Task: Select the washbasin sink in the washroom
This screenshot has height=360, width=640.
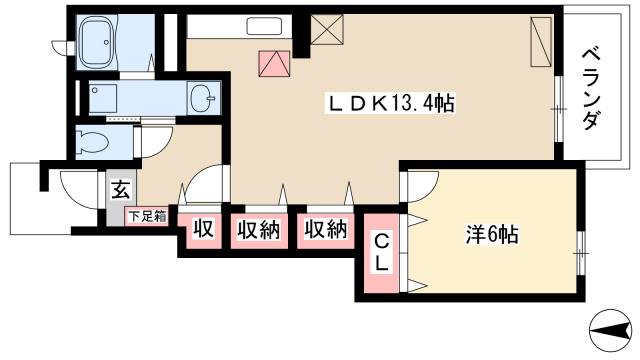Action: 204,97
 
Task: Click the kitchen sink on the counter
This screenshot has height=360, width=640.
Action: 265,27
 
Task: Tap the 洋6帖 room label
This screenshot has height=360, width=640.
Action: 491,238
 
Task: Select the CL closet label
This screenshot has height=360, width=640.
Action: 382,251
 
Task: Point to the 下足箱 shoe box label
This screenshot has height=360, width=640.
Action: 146,215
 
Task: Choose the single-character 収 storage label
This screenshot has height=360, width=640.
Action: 203,229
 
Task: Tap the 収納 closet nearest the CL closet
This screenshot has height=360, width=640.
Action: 326,229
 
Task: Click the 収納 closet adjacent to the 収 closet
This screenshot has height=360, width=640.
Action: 257,229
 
